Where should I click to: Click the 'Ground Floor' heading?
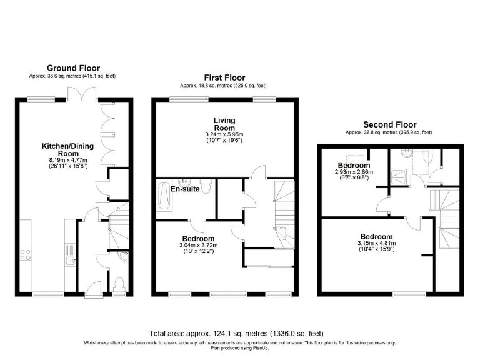click(73, 68)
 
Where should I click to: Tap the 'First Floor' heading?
click(224, 77)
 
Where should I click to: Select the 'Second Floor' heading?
click(389, 125)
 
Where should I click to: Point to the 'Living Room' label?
click(224, 124)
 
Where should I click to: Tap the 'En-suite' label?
click(185, 189)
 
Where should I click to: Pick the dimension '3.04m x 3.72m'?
click(198, 246)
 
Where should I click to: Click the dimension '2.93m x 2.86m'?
click(352, 171)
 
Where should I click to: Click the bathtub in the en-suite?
click(164, 196)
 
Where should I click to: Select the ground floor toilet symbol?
click(120, 284)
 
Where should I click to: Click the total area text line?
click(236, 332)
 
